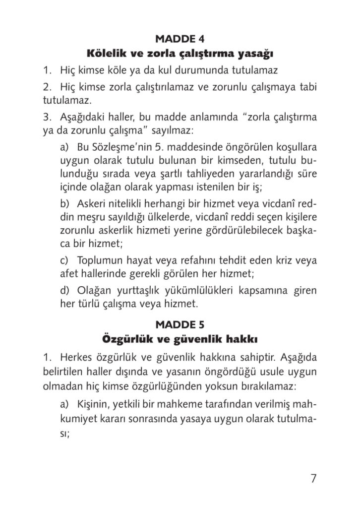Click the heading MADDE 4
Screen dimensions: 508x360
click(x=180, y=39)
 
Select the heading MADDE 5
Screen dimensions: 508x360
click(x=180, y=325)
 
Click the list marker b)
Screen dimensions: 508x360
click(x=64, y=205)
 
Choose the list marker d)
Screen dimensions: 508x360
click(x=64, y=289)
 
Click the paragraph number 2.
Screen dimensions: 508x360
click(x=47, y=87)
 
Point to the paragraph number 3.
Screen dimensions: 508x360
click(x=47, y=119)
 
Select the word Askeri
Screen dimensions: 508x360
click(x=92, y=205)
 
